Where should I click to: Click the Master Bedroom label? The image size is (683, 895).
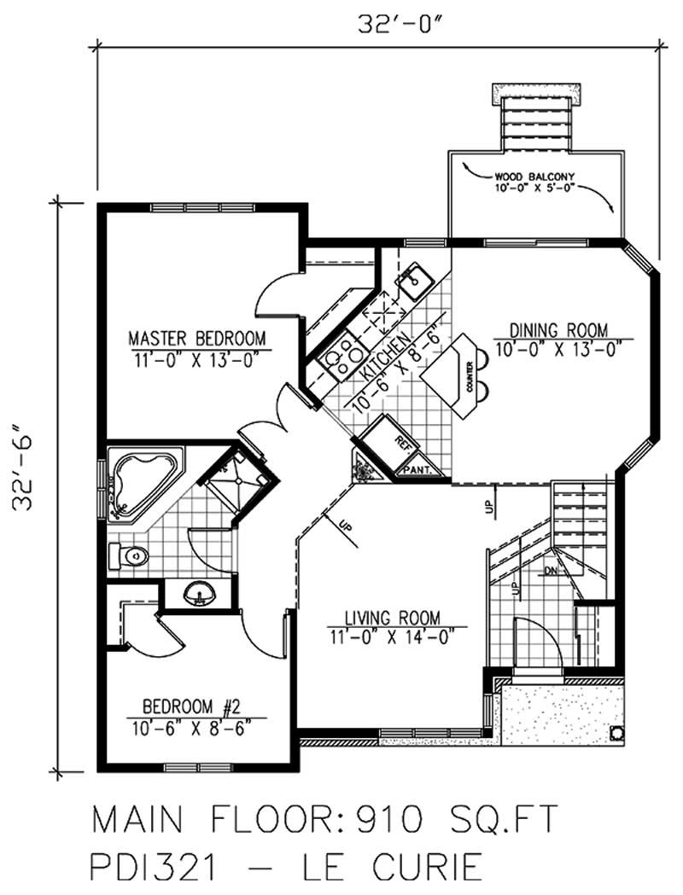pyautogui.click(x=196, y=335)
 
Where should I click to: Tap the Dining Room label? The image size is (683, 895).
pyautogui.click(x=558, y=329)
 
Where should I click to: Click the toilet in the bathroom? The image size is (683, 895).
pyautogui.click(x=128, y=557)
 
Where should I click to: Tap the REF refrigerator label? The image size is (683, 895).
pyautogui.click(x=403, y=441)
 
